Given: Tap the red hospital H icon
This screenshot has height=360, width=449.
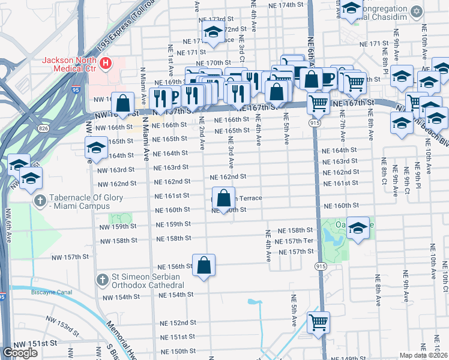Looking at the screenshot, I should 106,62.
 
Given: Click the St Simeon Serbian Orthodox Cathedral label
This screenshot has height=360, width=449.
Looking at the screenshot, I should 149,281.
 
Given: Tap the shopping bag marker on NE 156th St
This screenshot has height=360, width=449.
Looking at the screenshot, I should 203,265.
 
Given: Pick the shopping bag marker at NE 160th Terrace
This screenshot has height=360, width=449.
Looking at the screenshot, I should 223,198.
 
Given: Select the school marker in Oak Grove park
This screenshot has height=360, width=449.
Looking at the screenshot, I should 358,228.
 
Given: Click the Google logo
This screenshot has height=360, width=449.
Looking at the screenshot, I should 20,353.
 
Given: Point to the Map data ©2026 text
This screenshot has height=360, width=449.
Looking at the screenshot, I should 423,355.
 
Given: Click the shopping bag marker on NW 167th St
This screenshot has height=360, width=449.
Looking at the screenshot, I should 122,103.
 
